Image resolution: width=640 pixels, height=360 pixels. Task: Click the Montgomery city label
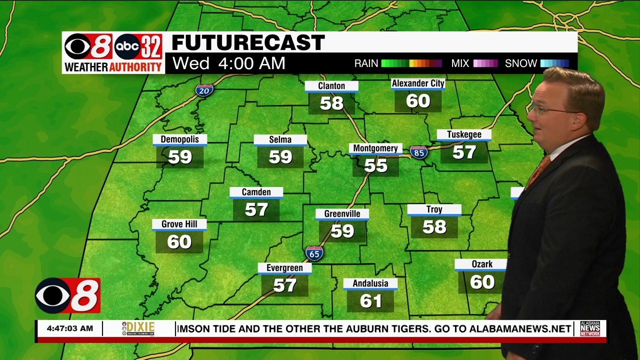375,148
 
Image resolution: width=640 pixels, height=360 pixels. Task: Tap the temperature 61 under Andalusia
370,301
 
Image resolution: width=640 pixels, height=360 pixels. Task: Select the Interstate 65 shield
314,253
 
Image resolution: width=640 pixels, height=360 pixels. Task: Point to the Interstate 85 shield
418,152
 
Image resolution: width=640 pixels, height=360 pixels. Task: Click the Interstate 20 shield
204,90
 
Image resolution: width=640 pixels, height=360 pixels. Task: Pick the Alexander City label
418,83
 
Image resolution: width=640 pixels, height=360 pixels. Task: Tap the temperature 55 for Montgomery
375,165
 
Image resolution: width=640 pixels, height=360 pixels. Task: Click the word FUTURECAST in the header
248,43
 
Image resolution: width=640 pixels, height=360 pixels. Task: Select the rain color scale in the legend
411,63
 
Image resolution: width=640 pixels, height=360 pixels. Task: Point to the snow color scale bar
554,63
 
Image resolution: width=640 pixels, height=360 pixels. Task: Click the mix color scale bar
485,63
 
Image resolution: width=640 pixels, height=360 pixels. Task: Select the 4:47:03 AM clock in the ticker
69,328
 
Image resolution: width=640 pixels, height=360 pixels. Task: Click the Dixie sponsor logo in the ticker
138,328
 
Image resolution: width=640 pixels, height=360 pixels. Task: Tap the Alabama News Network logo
590,328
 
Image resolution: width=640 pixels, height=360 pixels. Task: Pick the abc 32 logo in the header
138,47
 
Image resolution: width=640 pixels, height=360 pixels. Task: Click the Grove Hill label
179,224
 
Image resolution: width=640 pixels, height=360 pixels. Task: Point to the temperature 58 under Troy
434,227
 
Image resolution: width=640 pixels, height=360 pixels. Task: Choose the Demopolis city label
179,139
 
